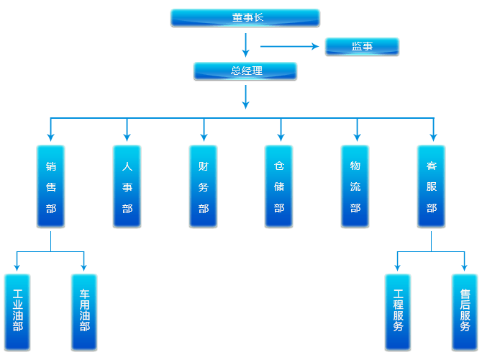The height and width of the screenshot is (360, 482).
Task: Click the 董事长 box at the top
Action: (245, 18)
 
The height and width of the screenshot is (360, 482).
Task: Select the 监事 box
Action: (362, 47)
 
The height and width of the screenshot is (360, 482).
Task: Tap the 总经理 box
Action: (245, 71)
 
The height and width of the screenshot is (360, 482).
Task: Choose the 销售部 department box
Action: (51, 186)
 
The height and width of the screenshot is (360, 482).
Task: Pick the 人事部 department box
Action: (127, 186)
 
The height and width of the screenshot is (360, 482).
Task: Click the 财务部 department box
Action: (204, 186)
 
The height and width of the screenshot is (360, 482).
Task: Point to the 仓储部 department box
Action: (280, 186)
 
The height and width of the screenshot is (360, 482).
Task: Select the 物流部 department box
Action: (355, 186)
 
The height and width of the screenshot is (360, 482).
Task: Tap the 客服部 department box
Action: (432, 186)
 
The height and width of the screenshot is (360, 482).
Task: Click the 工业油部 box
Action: (17, 312)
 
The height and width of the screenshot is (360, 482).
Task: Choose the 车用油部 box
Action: (84, 312)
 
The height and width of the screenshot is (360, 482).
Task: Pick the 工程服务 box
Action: (398, 312)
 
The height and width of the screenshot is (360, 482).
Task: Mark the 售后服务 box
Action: (465, 312)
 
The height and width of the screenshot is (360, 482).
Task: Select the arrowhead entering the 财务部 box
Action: (204, 136)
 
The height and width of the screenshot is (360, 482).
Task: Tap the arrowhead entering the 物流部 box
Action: (356, 136)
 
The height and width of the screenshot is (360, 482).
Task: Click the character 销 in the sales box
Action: (51, 166)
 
